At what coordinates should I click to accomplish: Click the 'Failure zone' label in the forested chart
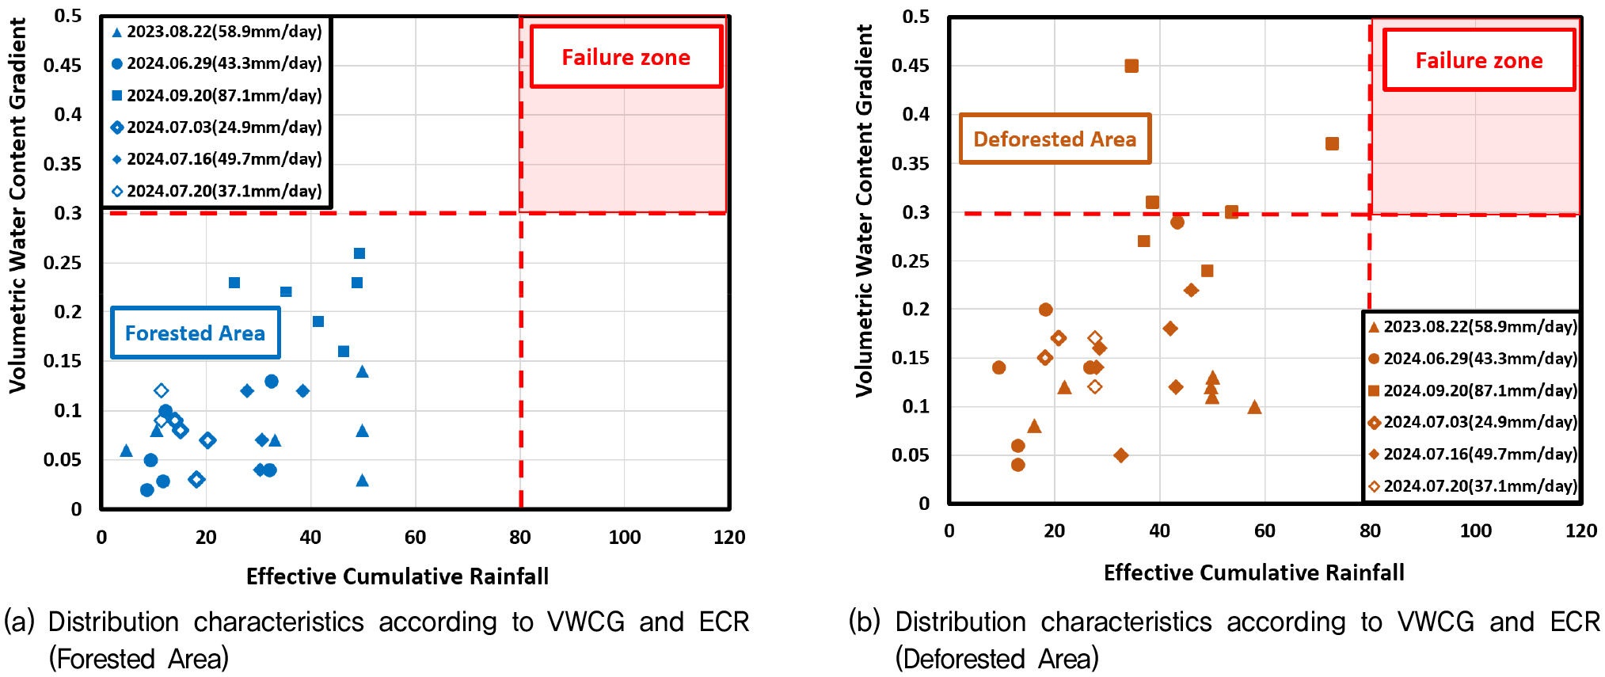pos(626,57)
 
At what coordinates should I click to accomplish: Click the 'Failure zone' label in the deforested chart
pos(1478,60)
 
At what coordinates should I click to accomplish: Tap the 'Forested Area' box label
pos(195,333)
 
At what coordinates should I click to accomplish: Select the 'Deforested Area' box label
pos(1055,139)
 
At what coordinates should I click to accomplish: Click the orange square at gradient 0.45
pos(1131,66)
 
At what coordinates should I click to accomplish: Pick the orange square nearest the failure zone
pos(1332,143)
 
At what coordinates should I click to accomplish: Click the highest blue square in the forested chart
pos(359,253)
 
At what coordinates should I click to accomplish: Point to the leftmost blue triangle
pos(126,451)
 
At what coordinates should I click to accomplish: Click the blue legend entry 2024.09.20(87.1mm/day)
pos(224,95)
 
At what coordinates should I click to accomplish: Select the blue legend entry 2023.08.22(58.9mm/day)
pos(224,32)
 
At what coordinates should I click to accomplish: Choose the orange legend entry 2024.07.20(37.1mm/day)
pos(1480,486)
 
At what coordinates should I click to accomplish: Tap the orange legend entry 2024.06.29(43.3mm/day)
pos(1480,359)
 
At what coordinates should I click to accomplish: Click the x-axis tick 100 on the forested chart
pos(624,537)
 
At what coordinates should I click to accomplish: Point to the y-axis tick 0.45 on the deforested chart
pos(910,65)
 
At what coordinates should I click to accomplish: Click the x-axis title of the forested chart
pos(397,576)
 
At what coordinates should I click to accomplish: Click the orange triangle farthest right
pos(1254,407)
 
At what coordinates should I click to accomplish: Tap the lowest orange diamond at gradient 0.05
pos(1120,455)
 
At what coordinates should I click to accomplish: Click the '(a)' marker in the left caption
pos(19,622)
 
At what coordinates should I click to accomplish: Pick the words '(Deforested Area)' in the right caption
pos(997,658)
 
